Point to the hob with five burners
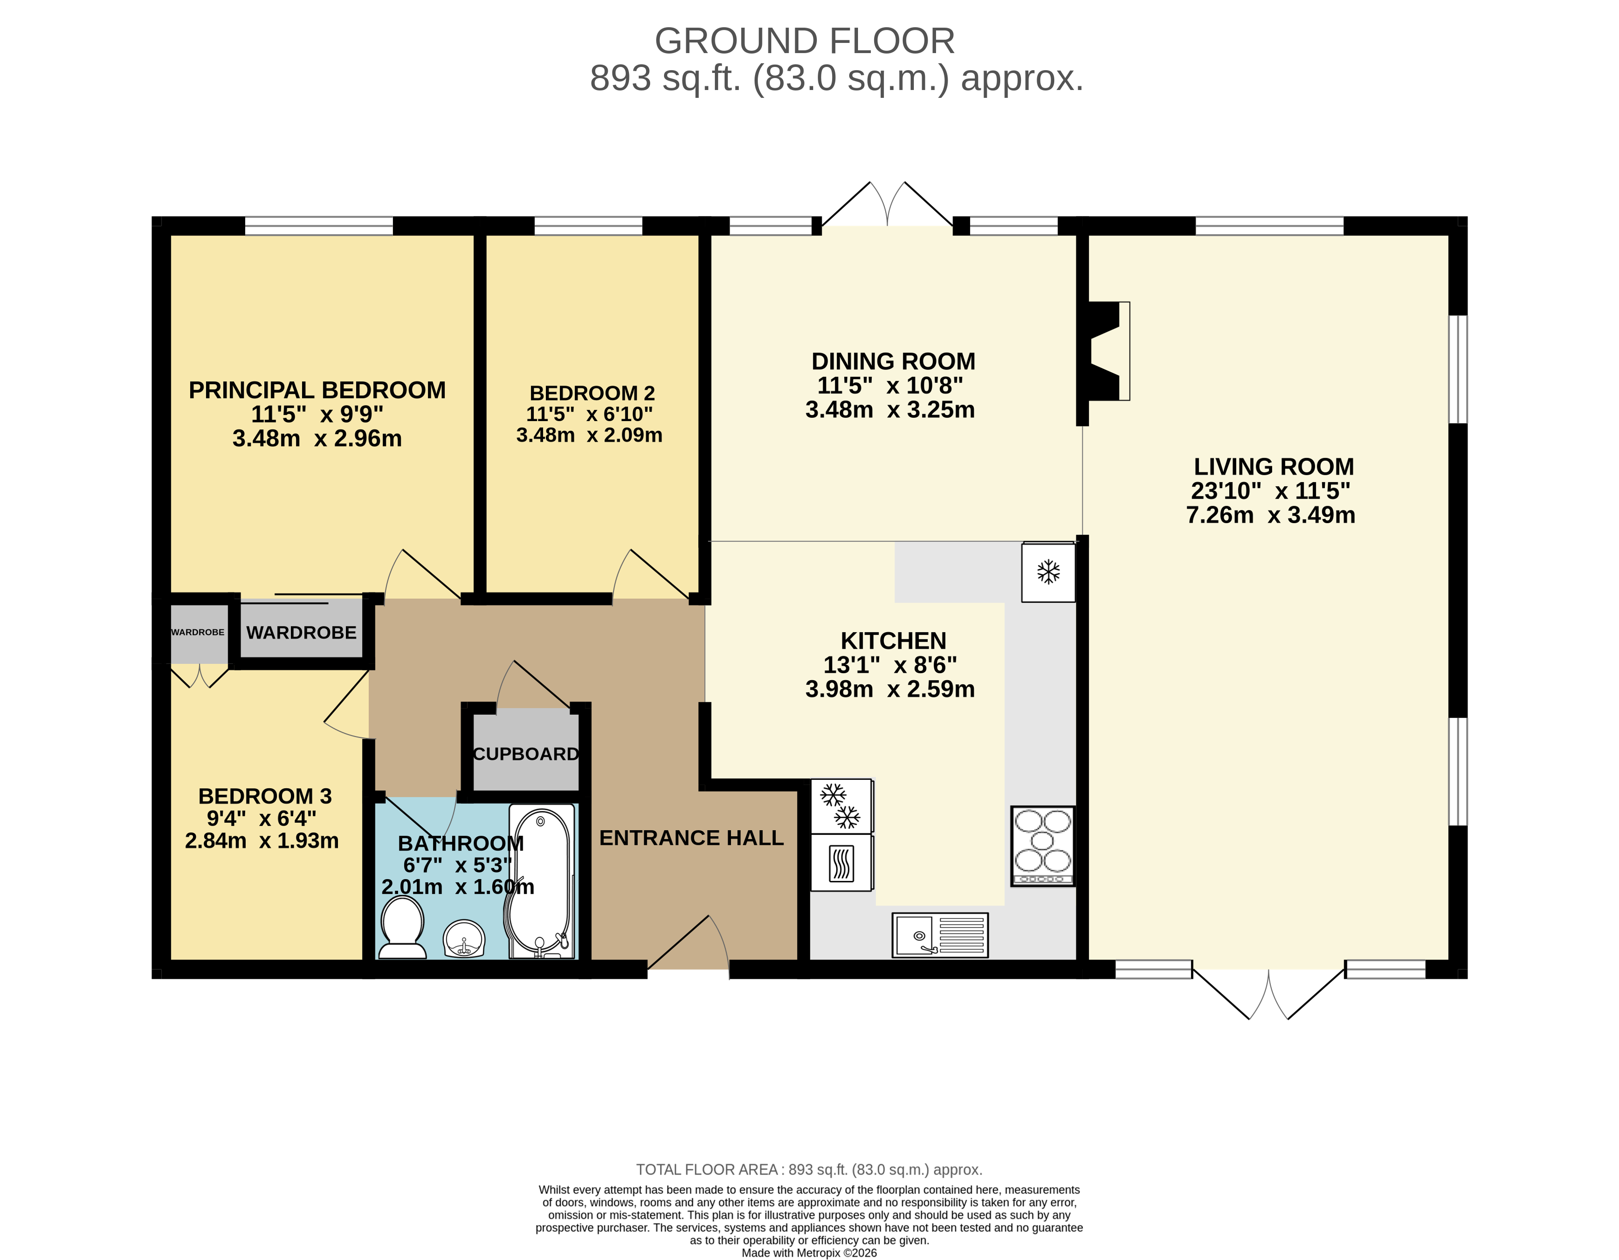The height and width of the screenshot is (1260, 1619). [1042, 846]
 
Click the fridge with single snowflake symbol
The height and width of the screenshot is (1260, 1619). [1048, 572]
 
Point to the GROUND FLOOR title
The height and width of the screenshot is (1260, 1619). [804, 41]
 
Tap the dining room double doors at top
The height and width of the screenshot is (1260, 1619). [888, 206]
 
